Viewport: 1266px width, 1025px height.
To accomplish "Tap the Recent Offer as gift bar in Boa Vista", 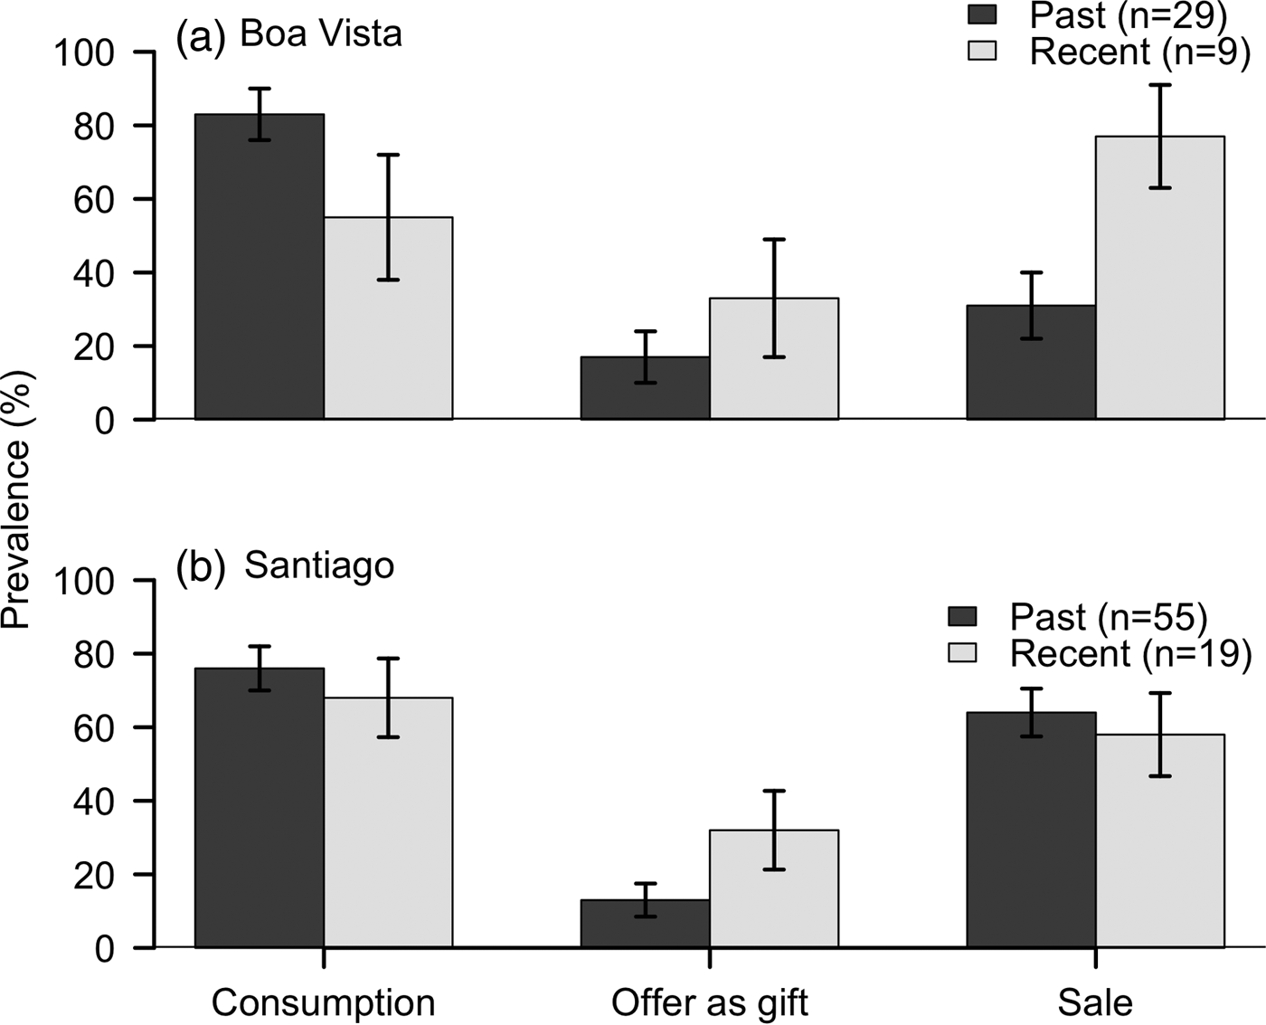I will point(774,380).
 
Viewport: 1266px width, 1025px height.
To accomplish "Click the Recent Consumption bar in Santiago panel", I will point(388,832).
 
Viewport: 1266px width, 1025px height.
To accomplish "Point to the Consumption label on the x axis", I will point(323,1002).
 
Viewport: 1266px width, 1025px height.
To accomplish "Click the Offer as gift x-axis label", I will point(710,1002).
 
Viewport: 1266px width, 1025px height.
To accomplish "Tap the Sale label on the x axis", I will point(1095,1002).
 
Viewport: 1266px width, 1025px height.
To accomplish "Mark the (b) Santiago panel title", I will point(286,565).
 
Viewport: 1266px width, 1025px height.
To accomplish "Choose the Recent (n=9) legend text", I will point(1139,52).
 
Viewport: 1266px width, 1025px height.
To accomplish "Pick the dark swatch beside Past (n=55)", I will point(963,616).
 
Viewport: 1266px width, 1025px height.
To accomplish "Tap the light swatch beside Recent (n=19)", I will point(963,652).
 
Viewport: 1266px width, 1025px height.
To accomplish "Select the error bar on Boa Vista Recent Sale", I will point(1160,136).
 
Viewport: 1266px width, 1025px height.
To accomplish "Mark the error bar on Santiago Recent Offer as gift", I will point(774,830).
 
